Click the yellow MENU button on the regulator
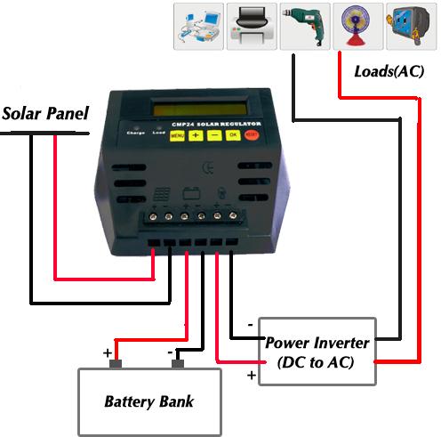point(177,135)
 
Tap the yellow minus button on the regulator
point(213,135)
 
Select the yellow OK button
point(233,134)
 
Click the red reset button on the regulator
point(253,134)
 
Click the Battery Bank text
point(148,401)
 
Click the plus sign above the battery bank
point(107,352)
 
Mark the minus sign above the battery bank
point(171,352)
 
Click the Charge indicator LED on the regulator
point(135,126)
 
